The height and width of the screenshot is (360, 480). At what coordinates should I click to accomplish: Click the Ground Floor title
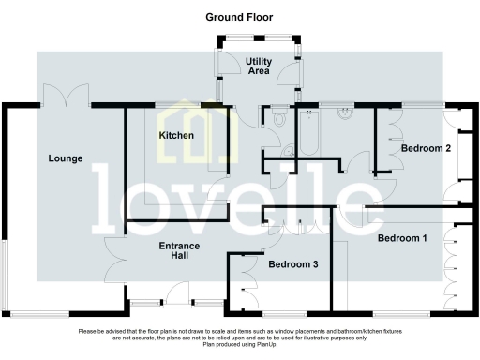pyautogui.click(x=239, y=17)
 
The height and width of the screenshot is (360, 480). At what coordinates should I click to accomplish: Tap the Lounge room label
pyautogui.click(x=66, y=158)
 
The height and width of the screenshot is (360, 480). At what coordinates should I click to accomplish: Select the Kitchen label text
pyautogui.click(x=176, y=136)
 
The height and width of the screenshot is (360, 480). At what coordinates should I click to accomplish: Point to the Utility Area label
pyautogui.click(x=259, y=67)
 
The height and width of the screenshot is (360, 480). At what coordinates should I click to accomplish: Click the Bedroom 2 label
pyautogui.click(x=427, y=148)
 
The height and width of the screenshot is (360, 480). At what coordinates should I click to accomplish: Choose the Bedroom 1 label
pyautogui.click(x=402, y=238)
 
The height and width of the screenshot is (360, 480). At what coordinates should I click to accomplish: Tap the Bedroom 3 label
pyautogui.click(x=293, y=265)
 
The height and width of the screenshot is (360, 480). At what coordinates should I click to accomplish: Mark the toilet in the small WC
pyautogui.click(x=279, y=118)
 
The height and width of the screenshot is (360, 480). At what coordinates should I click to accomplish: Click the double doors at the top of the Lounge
pyautogui.click(x=67, y=97)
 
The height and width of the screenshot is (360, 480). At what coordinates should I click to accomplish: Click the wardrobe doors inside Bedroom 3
pyautogui.click(x=251, y=278)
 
